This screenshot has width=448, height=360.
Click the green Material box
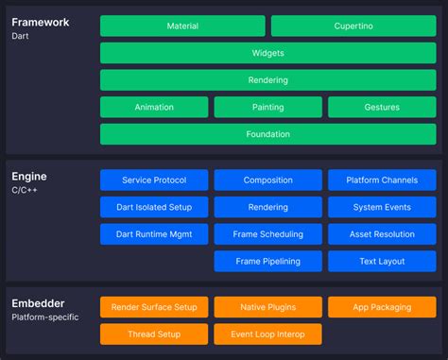(x=182, y=26)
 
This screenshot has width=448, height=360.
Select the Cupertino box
(x=353, y=26)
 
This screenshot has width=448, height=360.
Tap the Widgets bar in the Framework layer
(x=268, y=53)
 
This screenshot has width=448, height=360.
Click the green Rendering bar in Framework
(x=268, y=80)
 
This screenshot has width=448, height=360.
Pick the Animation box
(x=154, y=108)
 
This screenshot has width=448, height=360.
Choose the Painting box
(x=268, y=108)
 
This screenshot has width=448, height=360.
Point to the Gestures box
(x=382, y=108)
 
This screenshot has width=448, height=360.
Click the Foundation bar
(x=268, y=134)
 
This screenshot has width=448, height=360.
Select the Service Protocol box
(x=154, y=180)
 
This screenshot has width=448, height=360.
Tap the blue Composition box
(x=268, y=180)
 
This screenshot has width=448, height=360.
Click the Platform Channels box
(x=382, y=180)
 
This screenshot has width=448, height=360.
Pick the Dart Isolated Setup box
(x=154, y=207)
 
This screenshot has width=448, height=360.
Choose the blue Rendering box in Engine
(x=268, y=207)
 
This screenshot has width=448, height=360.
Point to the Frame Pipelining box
(x=268, y=261)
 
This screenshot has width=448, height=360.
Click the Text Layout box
(x=382, y=261)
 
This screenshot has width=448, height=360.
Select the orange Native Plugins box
(x=268, y=307)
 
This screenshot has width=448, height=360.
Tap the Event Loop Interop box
(x=268, y=334)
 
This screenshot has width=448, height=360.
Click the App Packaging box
(x=382, y=307)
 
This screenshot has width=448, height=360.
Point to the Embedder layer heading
(x=38, y=304)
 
